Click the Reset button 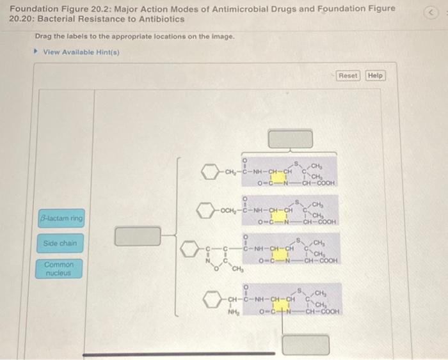(348, 75)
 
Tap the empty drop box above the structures (291, 138)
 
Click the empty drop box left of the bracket (138, 236)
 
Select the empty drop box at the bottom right (307, 345)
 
